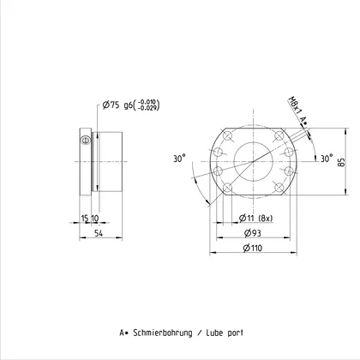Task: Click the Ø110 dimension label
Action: click(253, 248)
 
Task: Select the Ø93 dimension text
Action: click(253, 233)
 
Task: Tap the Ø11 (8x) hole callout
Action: click(255, 219)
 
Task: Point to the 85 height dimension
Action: click(341, 162)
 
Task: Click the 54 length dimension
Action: click(99, 233)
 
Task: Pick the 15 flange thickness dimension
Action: click(85, 219)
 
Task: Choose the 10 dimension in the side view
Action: click(94, 219)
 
